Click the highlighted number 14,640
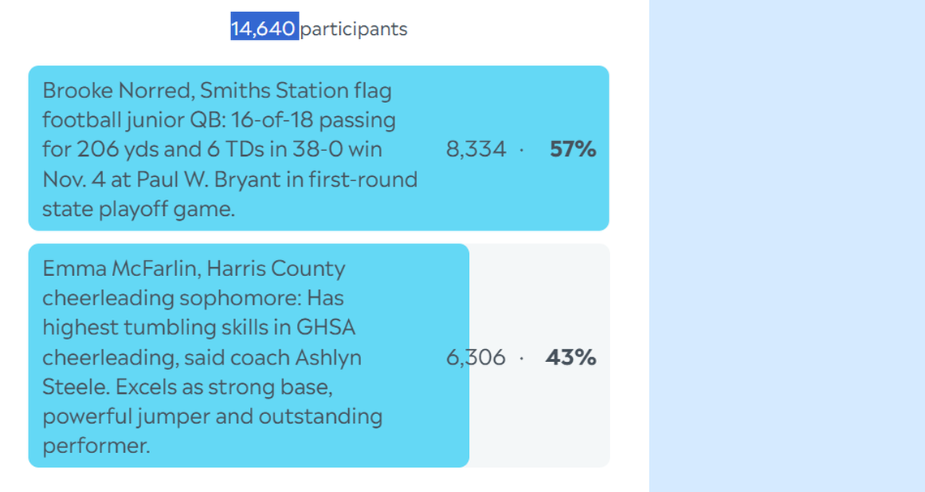pyautogui.click(x=264, y=28)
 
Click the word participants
pyautogui.click(x=354, y=29)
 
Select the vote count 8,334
pyautogui.click(x=476, y=149)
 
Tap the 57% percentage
pyautogui.click(x=573, y=149)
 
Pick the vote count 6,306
pyautogui.click(x=475, y=357)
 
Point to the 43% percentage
pyautogui.click(x=570, y=357)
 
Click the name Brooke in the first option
pyautogui.click(x=78, y=90)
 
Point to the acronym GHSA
pyautogui.click(x=325, y=327)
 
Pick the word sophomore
pyautogui.click(x=240, y=299)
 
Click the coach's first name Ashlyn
pyautogui.click(x=328, y=358)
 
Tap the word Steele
pyautogui.click(x=76, y=387)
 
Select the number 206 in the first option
pyautogui.click(x=98, y=149)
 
